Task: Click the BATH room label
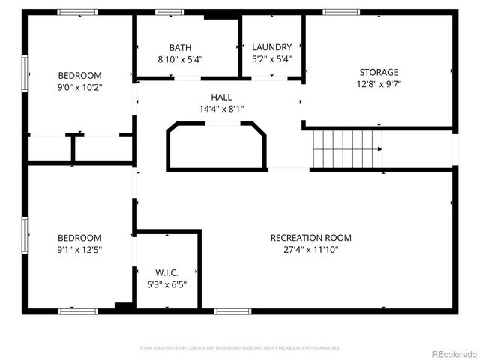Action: (x=180, y=47)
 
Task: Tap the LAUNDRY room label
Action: (x=271, y=47)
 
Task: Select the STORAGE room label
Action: (x=379, y=72)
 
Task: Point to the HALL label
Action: (x=221, y=97)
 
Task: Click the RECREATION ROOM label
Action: (x=310, y=238)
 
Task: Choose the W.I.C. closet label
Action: (x=166, y=272)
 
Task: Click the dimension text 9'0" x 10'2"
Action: (x=79, y=87)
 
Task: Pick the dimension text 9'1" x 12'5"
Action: (x=79, y=249)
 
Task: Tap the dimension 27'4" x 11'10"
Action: (x=310, y=249)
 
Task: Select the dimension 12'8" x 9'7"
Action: (x=379, y=84)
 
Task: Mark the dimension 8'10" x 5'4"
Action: (x=180, y=59)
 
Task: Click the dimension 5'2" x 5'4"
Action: (x=271, y=59)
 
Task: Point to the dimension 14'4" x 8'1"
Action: (x=221, y=109)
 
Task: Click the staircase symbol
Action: (x=347, y=148)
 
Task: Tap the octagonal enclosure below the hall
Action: (x=216, y=146)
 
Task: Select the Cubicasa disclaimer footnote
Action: (x=240, y=348)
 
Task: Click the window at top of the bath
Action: (x=169, y=12)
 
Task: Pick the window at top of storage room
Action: (x=341, y=12)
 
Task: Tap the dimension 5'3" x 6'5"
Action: (x=166, y=284)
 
